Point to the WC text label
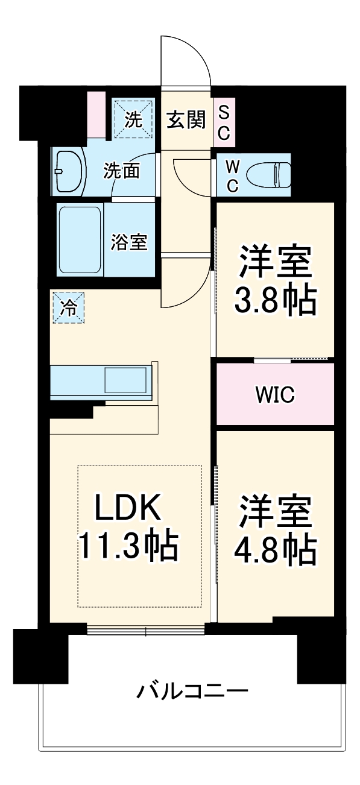pyautogui.click(x=232, y=175)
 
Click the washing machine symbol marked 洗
pyautogui.click(x=133, y=119)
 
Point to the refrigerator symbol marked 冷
pyautogui.click(x=68, y=307)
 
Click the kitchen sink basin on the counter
pyautogui.click(x=125, y=380)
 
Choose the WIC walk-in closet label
pyautogui.click(x=274, y=395)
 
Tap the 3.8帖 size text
pyautogui.click(x=275, y=299)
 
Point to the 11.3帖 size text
pyautogui.click(x=127, y=546)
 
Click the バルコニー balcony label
pyautogui.click(x=191, y=690)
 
